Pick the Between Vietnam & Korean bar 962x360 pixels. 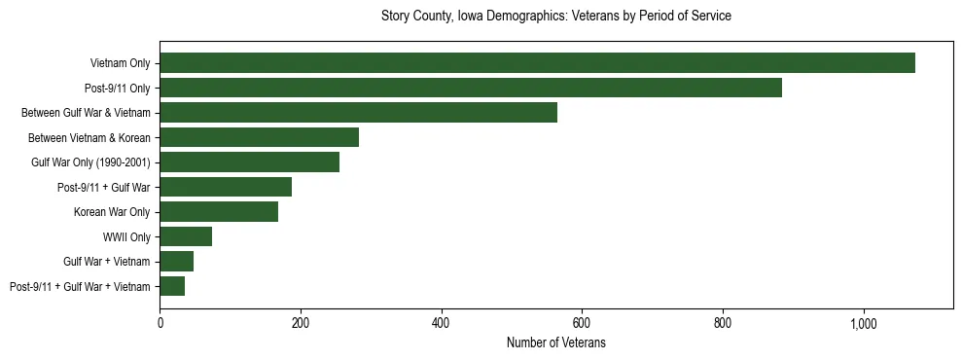[259, 137]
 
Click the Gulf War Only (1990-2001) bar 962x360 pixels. [249, 162]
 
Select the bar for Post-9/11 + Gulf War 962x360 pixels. [226, 187]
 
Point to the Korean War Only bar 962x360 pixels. [219, 212]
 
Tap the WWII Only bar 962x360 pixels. [186, 236]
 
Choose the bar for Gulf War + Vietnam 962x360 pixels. [176, 261]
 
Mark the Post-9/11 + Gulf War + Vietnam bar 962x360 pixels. [172, 286]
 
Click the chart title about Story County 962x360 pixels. [555, 17]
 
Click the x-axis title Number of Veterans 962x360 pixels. [555, 342]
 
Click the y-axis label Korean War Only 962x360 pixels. [112, 212]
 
